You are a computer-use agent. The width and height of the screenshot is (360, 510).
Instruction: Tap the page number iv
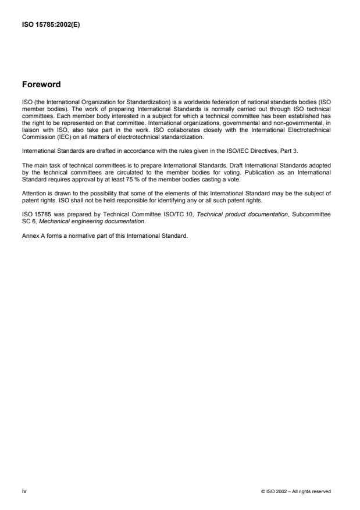tap(24, 491)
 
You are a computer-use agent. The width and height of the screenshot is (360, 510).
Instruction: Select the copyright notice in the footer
tap(296, 492)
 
